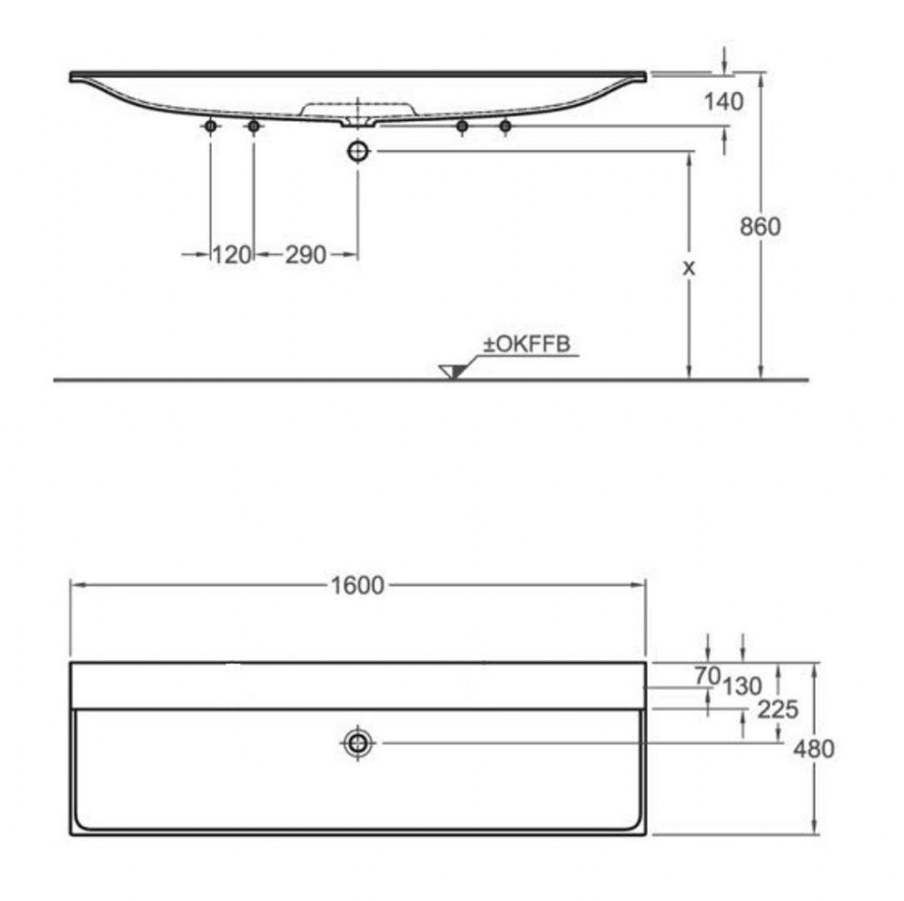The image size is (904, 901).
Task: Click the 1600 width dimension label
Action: coord(358,586)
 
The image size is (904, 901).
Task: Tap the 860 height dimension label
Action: coord(760,227)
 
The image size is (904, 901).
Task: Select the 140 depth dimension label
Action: coord(724,102)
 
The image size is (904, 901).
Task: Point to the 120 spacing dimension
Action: coord(232,254)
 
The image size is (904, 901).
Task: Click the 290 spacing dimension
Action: coord(305,255)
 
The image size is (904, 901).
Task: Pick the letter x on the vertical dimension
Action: coord(689,268)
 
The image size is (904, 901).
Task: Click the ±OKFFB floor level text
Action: coord(526,344)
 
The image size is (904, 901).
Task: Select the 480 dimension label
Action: coord(813,749)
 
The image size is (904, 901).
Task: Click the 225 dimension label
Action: coord(778,710)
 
